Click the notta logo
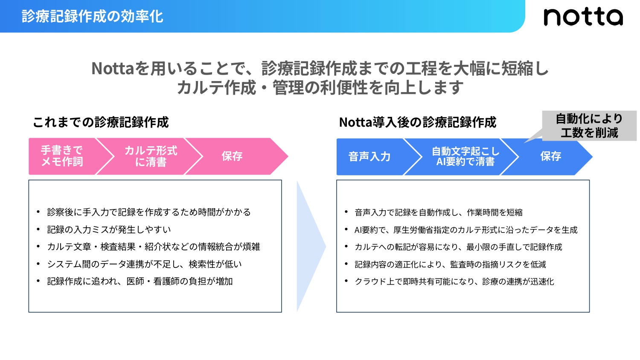click(583, 17)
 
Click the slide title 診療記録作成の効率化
click(93, 17)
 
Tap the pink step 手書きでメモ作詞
click(62, 156)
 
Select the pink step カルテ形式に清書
click(151, 156)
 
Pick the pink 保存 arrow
click(233, 156)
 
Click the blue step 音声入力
click(369, 157)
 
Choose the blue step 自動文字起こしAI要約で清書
click(465, 157)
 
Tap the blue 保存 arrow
click(551, 157)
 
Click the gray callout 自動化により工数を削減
click(589, 126)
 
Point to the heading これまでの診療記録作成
click(101, 122)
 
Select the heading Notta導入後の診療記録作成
click(418, 122)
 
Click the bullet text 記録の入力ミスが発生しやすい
click(109, 229)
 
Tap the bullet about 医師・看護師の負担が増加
click(140, 282)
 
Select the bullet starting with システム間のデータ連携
click(144, 264)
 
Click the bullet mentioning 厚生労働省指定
click(466, 230)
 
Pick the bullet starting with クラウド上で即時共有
click(454, 282)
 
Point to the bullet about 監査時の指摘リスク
click(450, 264)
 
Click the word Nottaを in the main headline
click(120, 69)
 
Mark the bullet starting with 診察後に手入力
click(149, 212)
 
